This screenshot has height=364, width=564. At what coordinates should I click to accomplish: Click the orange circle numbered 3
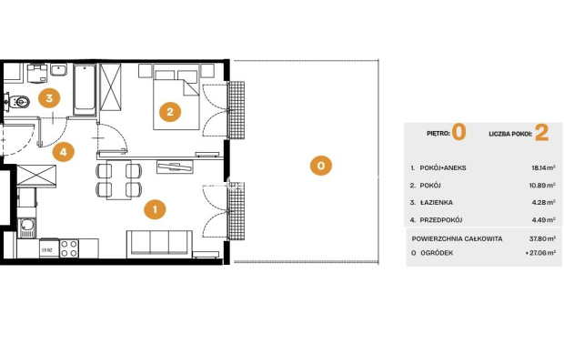pos(49,98)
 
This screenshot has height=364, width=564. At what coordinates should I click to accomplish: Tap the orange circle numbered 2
pos(170,112)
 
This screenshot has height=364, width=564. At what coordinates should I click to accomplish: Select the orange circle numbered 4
pos(64,151)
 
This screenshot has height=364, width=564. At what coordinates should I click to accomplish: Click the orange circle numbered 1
pos(155,209)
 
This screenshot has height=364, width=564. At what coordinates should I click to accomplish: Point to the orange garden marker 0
pos(321,166)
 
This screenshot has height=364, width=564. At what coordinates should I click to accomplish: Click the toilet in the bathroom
pos(18,102)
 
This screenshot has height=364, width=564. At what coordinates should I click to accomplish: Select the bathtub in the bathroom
pos(85,90)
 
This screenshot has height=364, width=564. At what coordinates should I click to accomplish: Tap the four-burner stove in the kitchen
pos(69,248)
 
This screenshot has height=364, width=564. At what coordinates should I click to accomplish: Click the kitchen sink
pos(26,227)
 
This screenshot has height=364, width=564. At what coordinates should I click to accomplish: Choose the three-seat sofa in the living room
pos(159,244)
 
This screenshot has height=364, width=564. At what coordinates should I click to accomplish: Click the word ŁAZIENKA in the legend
pos(437,203)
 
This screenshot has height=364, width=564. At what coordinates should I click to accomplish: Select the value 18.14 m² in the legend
pos(543,167)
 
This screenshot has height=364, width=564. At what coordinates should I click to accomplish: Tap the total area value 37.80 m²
pos(542,238)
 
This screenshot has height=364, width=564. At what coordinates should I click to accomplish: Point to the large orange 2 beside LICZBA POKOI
pos(541,133)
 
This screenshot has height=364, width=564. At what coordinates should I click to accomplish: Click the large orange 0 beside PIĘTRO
pos(459,132)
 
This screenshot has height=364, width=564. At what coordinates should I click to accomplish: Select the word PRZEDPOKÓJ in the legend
pos(441,220)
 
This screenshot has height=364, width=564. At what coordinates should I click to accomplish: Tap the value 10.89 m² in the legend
pos(543,186)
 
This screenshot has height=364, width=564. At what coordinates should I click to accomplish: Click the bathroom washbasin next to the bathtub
pos(58,69)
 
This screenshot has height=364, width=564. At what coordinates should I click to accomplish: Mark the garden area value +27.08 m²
pos(540,253)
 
